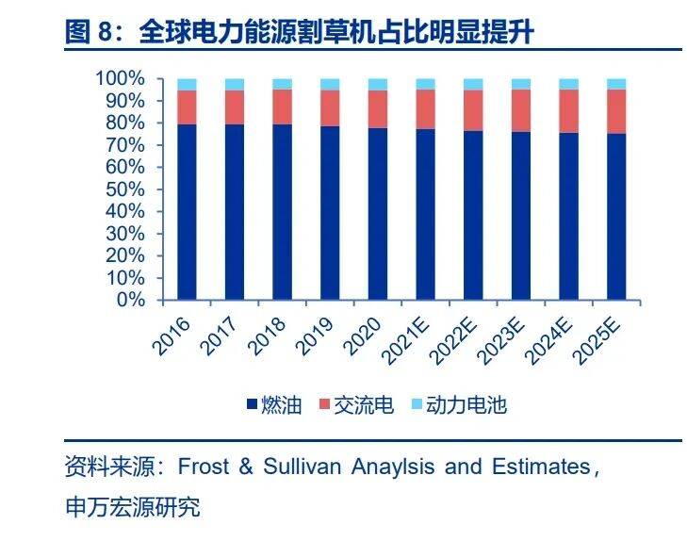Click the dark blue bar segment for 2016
tap(187, 212)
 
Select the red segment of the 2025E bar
tap(616, 111)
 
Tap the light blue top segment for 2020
tap(377, 84)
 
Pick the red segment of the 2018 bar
tap(282, 107)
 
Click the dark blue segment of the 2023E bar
tap(520, 216)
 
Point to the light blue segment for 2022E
tap(473, 84)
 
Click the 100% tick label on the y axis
tap(122, 78)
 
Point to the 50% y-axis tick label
tap(126, 189)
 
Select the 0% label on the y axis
tap(131, 301)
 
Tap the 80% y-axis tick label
tap(126, 123)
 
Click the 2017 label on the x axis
tap(222, 336)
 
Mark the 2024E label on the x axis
tap(550, 341)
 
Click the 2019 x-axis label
tap(318, 336)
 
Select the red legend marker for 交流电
tap(325, 405)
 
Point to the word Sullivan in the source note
tap(302, 467)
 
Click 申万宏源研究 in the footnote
tap(132, 507)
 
